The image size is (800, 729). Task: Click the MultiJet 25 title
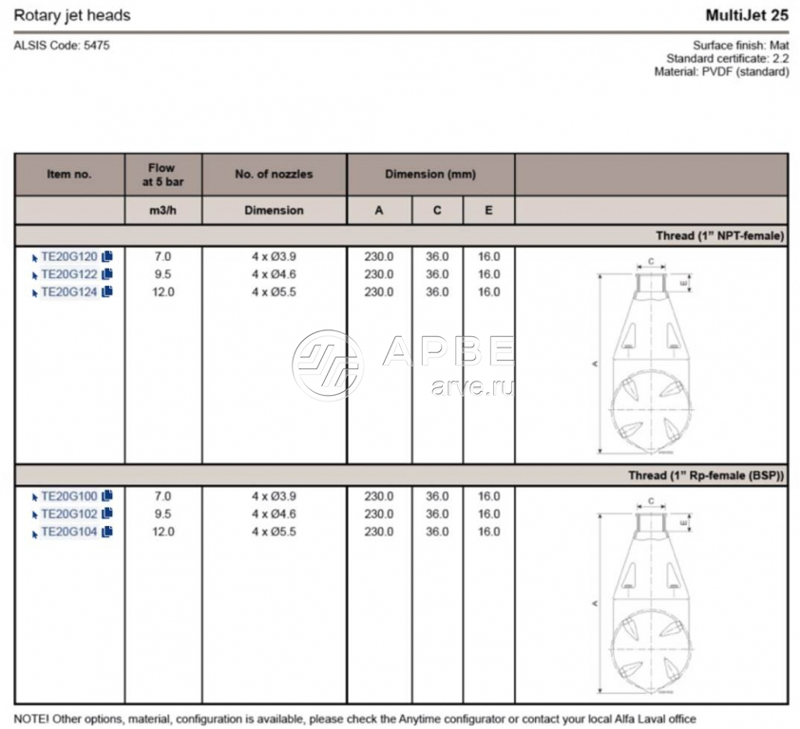point(747,15)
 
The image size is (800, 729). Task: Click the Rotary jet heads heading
point(72,16)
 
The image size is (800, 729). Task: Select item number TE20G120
point(69,256)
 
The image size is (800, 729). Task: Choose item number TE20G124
point(69,292)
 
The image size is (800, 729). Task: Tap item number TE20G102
point(69,514)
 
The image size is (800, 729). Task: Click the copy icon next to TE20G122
point(107,274)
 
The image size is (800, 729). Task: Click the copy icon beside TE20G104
point(107,533)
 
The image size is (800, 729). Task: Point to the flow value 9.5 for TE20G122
point(162,274)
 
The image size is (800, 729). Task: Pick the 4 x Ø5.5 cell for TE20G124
point(274,292)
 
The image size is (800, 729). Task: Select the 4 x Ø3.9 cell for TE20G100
point(274,496)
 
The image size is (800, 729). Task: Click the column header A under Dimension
point(379,211)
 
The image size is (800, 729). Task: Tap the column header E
point(488,211)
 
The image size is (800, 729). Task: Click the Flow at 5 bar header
point(162,175)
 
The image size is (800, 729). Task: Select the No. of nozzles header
point(274,175)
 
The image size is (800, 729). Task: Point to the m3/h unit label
point(162,211)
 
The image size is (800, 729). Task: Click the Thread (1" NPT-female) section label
point(719,236)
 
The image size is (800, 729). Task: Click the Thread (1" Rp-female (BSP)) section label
point(706,477)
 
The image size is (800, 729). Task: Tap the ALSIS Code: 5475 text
point(55,45)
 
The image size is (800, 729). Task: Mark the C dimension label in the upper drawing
point(651,259)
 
